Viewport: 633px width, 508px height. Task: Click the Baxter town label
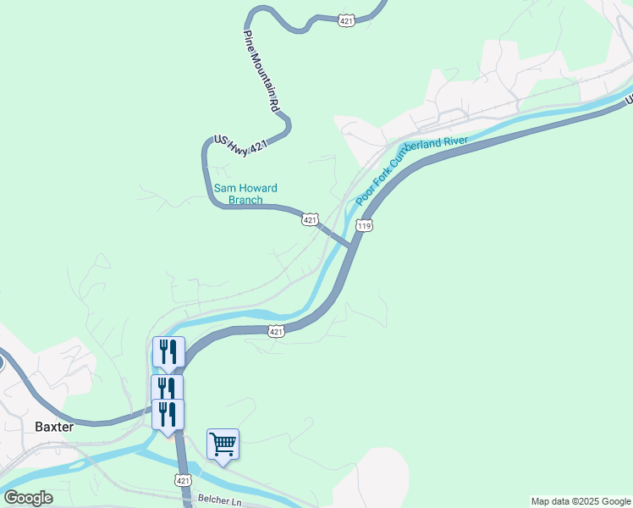pos(54,427)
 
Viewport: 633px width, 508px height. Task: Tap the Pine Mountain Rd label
pos(261,73)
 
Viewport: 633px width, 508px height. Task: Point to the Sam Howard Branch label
pos(245,194)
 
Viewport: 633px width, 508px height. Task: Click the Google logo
pos(28,498)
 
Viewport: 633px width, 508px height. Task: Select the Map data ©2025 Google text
pos(581,501)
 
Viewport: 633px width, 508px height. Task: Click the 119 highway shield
pos(365,226)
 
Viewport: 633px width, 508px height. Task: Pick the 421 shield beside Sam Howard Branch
pos(310,220)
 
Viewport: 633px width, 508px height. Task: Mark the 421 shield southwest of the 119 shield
pos(277,332)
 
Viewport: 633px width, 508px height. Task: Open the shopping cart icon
pos(223,443)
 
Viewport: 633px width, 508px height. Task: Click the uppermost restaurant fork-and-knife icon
pos(168,351)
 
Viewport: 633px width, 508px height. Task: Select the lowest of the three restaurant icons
pos(168,414)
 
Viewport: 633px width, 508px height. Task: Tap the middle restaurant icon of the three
pos(167,389)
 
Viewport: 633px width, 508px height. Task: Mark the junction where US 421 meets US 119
pos(351,246)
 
